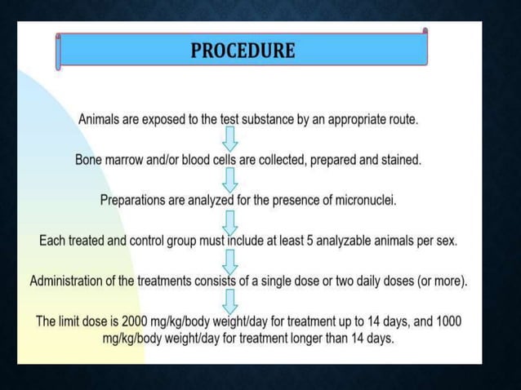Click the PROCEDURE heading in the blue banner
coord(243,51)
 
